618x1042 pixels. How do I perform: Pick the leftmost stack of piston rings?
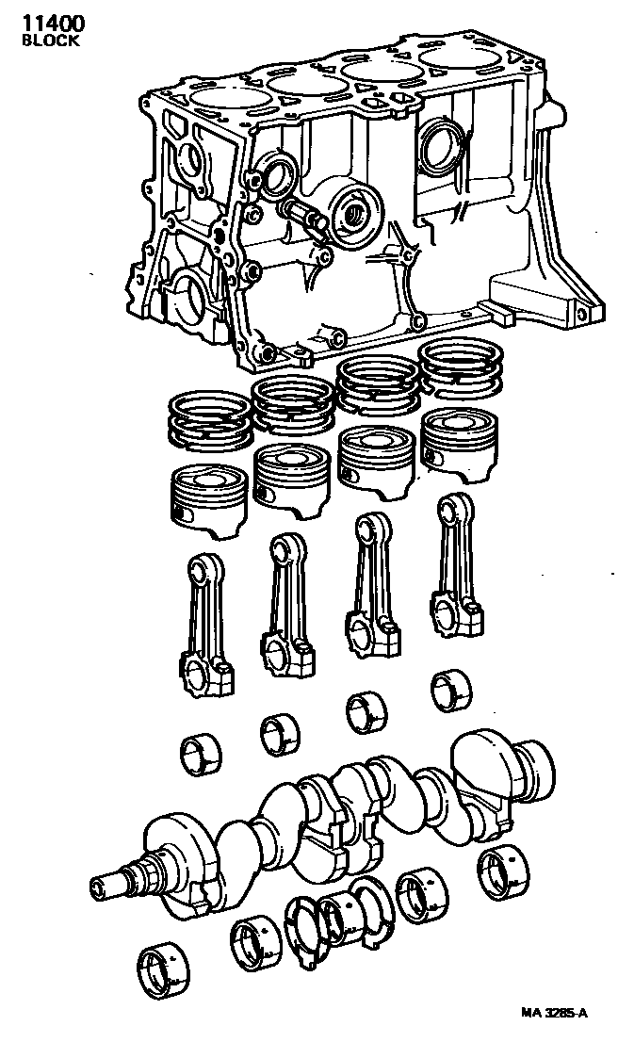tap(209, 419)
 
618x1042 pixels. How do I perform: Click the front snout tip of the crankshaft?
tap(101, 886)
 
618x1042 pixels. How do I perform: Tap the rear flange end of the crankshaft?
tap(528, 763)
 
